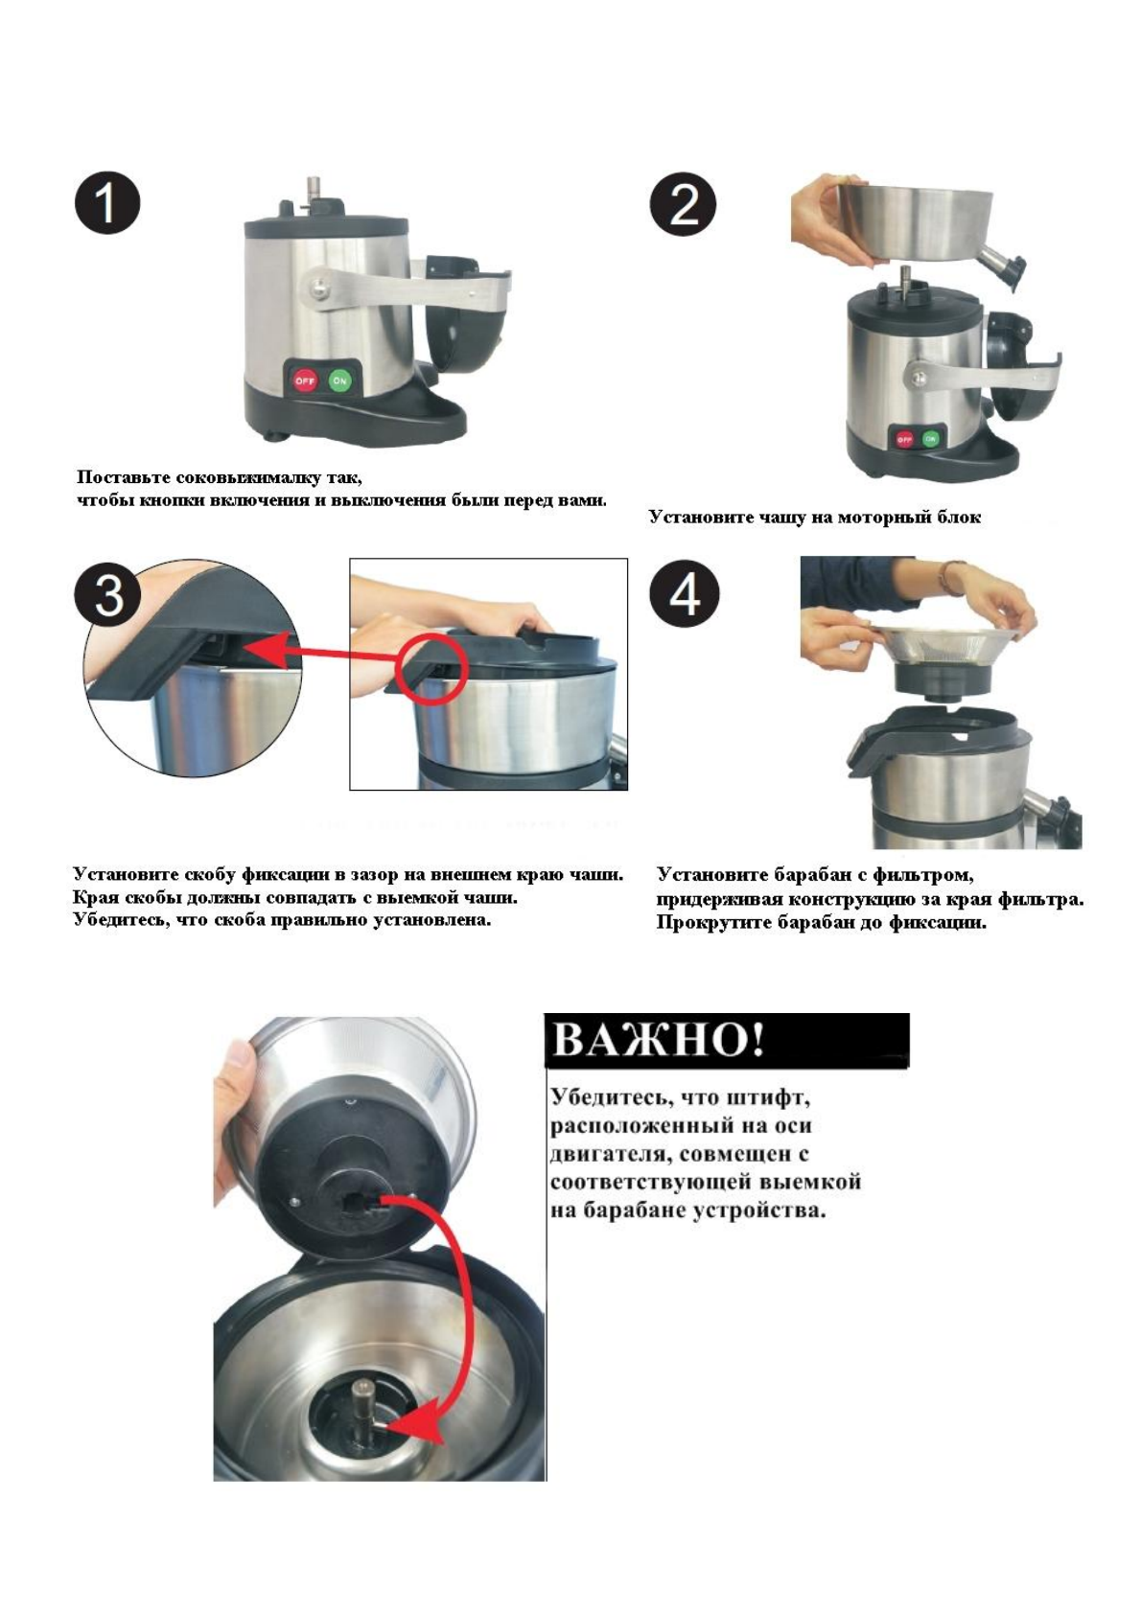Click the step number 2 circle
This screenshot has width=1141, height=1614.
(x=683, y=203)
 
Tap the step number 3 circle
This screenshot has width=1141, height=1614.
(x=109, y=594)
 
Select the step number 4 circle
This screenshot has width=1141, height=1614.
(x=685, y=594)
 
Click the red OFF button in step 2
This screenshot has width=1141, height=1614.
(x=904, y=439)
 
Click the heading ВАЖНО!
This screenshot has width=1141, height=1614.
(x=659, y=1041)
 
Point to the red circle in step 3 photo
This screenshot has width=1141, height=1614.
(x=431, y=668)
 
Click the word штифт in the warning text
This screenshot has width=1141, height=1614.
(x=770, y=1097)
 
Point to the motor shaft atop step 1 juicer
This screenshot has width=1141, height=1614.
(x=314, y=190)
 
